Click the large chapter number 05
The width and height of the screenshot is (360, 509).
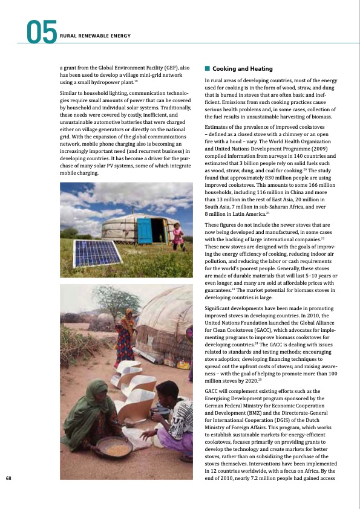[41, 32]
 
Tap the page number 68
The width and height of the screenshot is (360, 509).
[8, 478]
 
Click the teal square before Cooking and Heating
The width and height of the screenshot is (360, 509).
[208, 69]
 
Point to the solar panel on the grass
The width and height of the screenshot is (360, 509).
[96, 253]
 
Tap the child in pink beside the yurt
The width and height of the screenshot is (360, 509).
[177, 236]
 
